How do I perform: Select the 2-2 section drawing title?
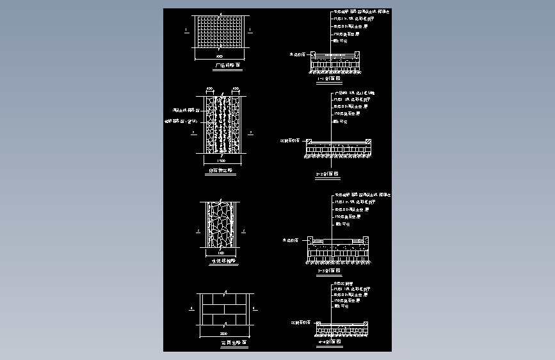pyautogui.click(x=328, y=174)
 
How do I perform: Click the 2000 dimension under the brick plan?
pyautogui.click(x=223, y=334)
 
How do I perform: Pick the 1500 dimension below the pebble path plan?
pyautogui.click(x=221, y=160)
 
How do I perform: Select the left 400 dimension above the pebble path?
pyautogui.click(x=209, y=88)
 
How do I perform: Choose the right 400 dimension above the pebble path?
pyautogui.click(x=235, y=88)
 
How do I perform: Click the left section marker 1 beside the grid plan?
pyautogui.click(x=185, y=30)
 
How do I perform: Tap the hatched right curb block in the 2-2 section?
pyautogui.click(x=367, y=142)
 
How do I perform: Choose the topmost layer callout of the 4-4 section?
pyautogui.click(x=344, y=282)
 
